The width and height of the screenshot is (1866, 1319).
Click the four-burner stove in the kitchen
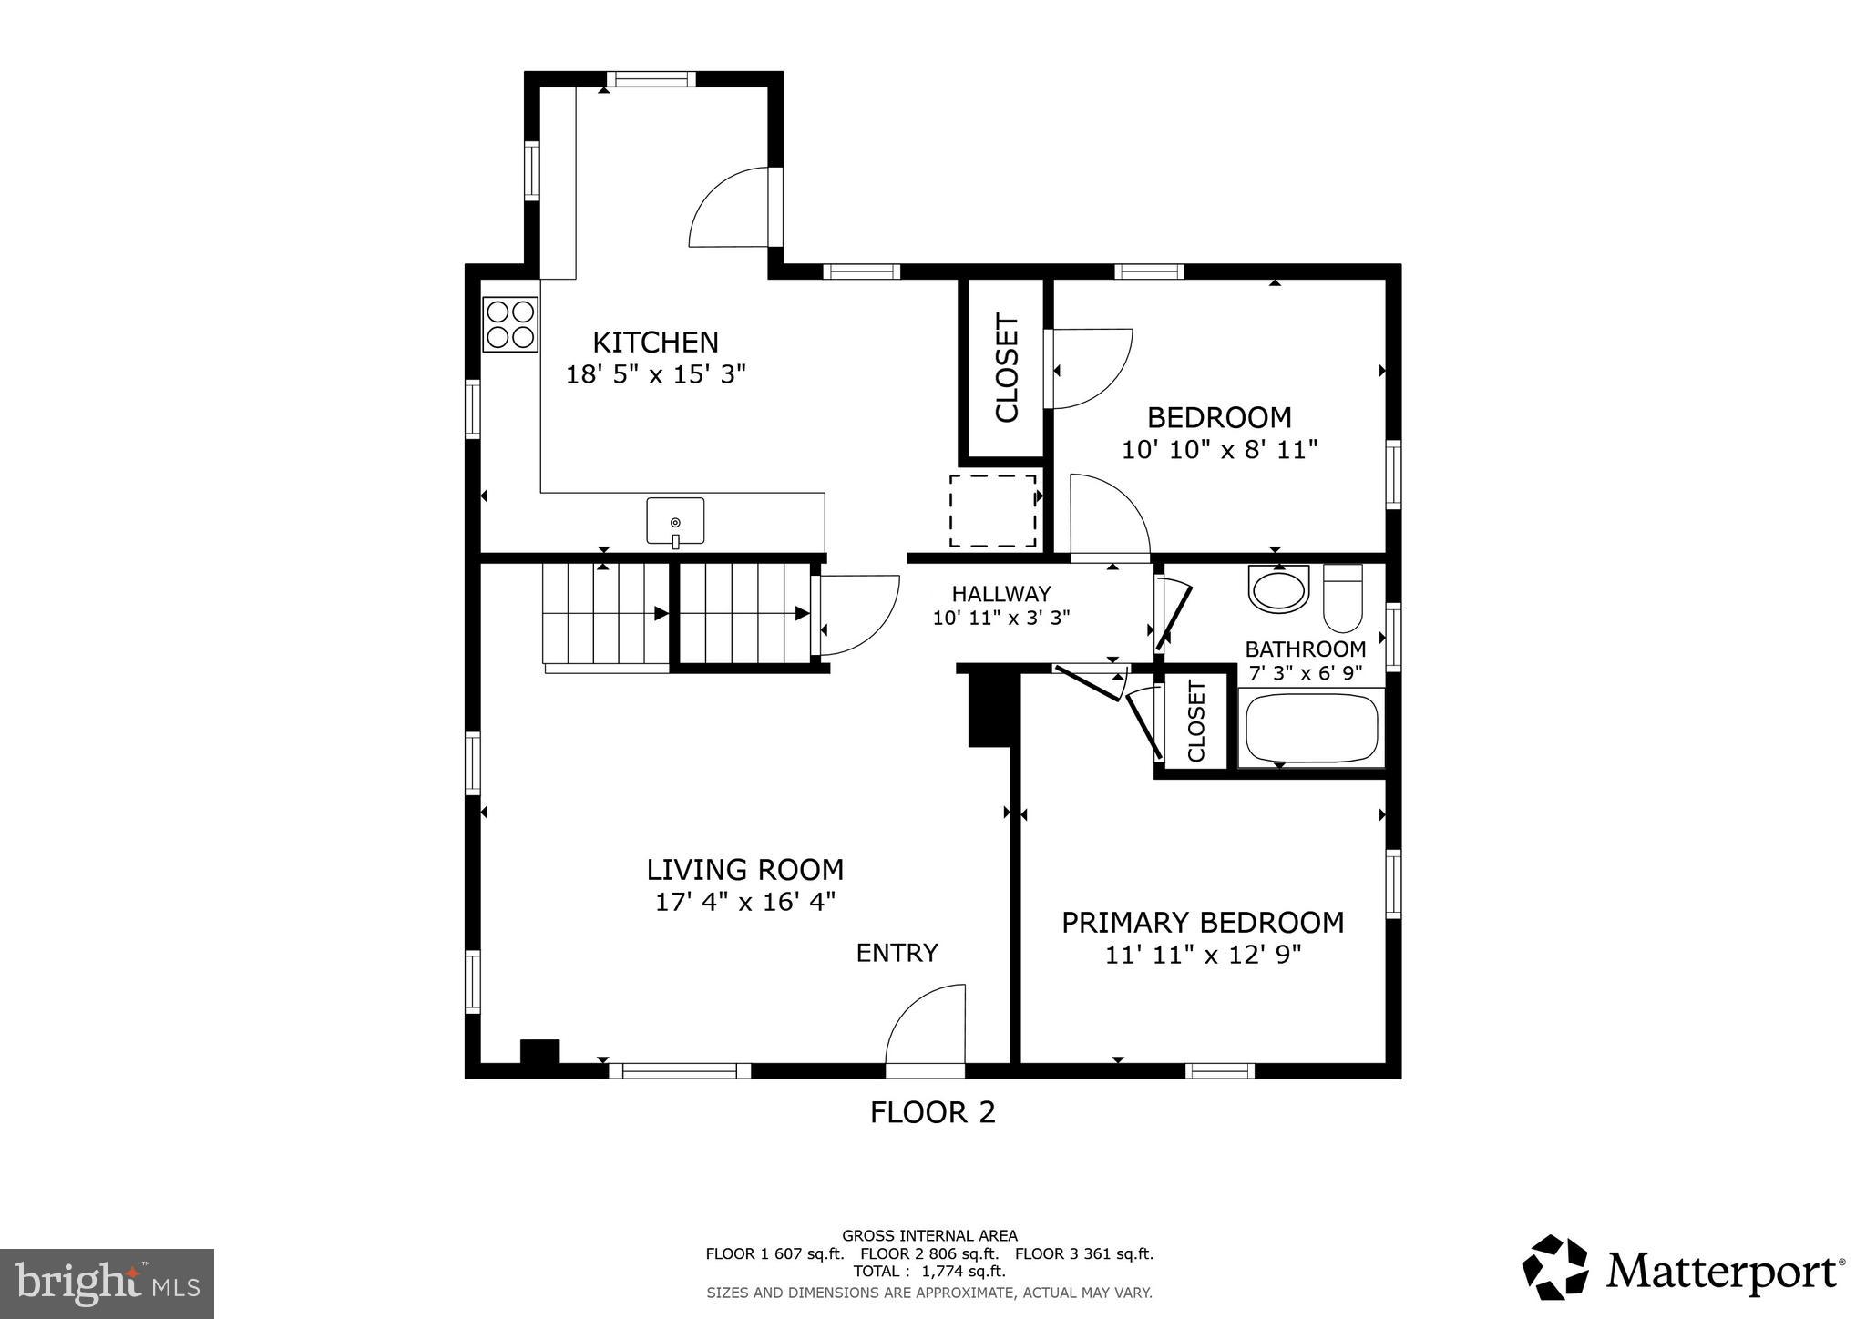click(x=510, y=325)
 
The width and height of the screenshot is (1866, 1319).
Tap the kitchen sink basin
click(x=675, y=521)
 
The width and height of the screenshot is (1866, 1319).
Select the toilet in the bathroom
click(x=1342, y=598)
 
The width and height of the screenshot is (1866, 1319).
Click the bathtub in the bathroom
click(x=1311, y=729)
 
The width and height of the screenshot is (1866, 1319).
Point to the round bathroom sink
click(x=1278, y=589)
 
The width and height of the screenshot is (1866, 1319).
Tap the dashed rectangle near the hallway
click(x=992, y=510)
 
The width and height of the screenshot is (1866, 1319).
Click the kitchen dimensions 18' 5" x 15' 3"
click(x=656, y=374)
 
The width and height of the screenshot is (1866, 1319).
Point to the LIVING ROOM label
click(x=744, y=870)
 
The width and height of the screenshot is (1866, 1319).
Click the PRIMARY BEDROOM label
click(x=1202, y=923)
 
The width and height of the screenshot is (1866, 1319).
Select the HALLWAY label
click(x=1000, y=594)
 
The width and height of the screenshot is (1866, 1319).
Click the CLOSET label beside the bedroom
click(x=1006, y=368)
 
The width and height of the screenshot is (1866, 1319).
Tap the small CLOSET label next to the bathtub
click(x=1196, y=721)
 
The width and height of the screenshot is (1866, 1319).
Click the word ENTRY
click(x=897, y=953)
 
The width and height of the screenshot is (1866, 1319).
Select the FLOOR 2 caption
click(x=932, y=1112)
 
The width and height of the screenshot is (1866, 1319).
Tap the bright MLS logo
click(x=107, y=1283)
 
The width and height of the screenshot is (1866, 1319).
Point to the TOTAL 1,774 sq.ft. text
click(x=929, y=1272)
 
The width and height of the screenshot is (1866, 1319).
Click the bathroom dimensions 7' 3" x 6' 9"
click(x=1305, y=673)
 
